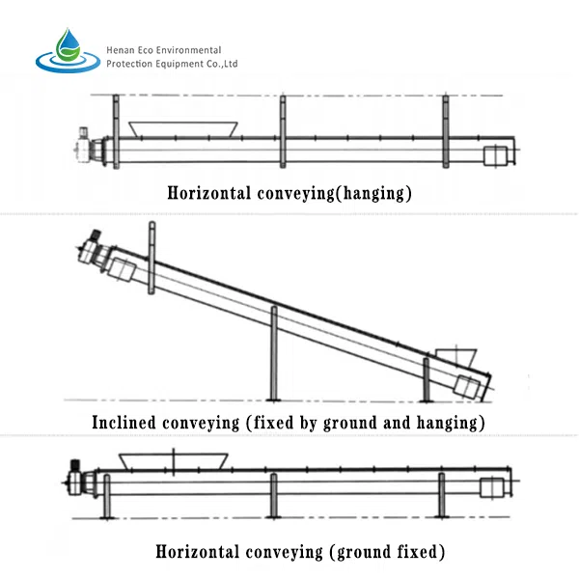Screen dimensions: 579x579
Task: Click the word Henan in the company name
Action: [118, 50]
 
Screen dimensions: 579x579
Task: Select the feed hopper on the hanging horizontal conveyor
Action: [183, 129]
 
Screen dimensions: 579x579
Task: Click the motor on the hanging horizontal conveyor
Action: [84, 145]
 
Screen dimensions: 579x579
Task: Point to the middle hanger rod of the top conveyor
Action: [283, 132]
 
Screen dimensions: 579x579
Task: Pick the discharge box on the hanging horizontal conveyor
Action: [496, 155]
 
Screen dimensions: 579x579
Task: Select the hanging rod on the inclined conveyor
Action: [152, 258]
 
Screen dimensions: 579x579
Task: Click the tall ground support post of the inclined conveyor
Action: [274, 353]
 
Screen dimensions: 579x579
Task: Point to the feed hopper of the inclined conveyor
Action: [456, 357]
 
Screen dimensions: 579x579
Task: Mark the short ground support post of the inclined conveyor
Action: [427, 379]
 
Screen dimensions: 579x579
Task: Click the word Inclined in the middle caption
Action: [124, 423]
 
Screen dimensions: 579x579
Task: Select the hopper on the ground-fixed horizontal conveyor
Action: [173, 461]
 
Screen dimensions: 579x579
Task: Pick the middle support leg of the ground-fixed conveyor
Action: [274, 496]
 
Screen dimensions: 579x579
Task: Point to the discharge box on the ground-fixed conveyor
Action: [492, 487]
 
